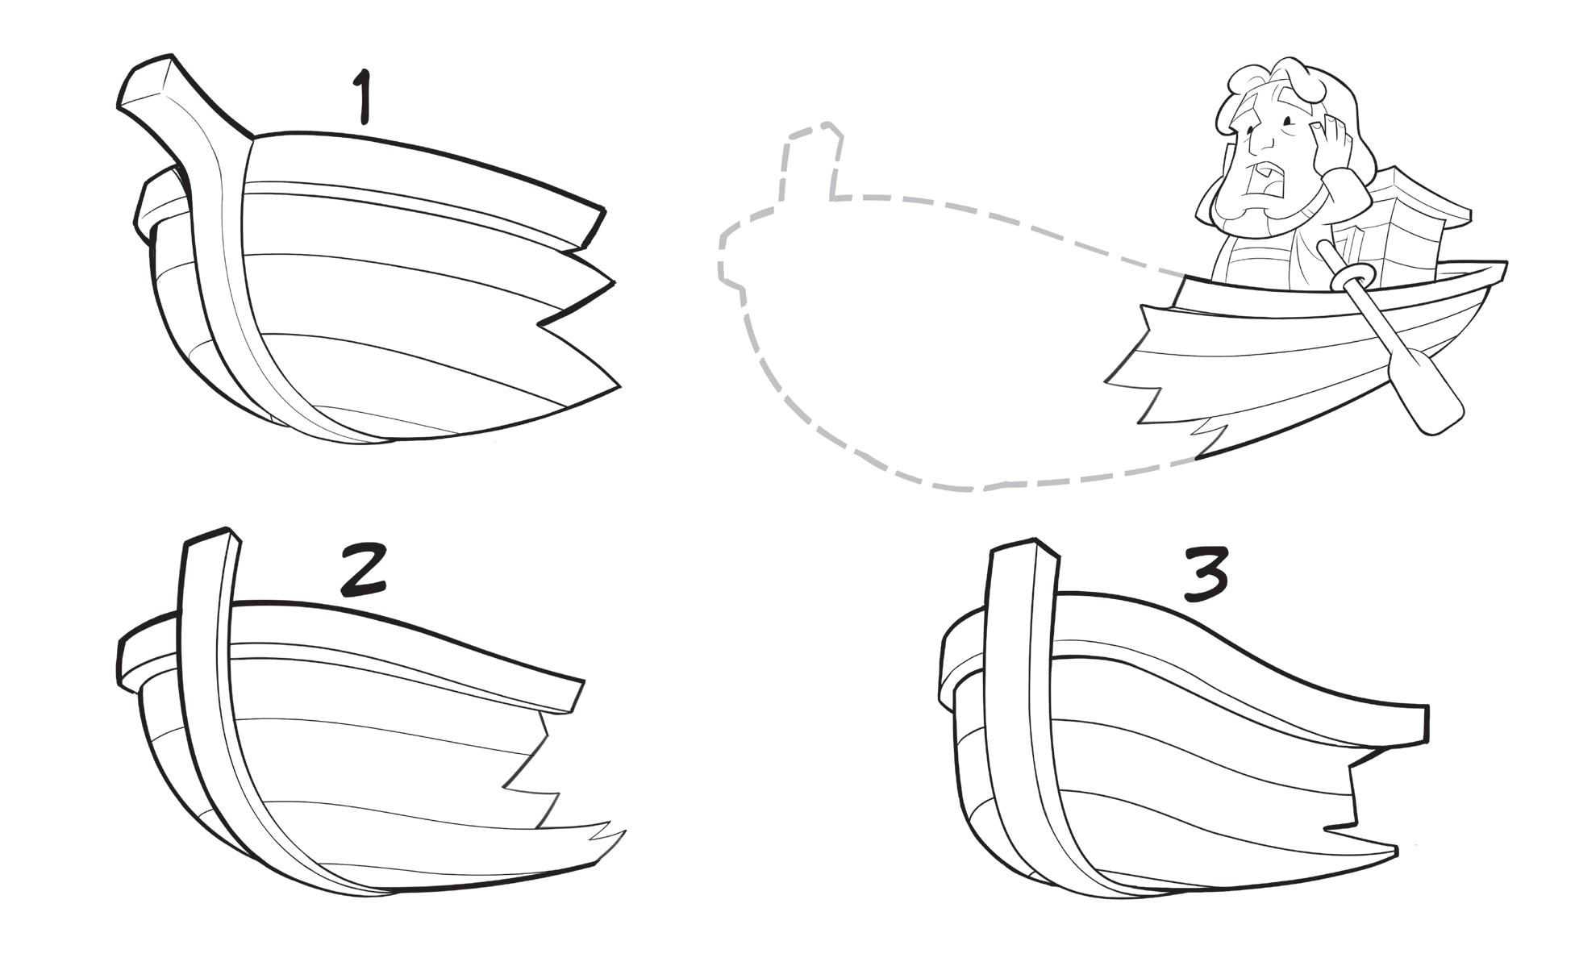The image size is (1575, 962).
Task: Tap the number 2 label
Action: point(364,569)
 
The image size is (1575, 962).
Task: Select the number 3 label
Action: point(1206,575)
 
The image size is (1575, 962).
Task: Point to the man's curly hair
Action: point(1282,81)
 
